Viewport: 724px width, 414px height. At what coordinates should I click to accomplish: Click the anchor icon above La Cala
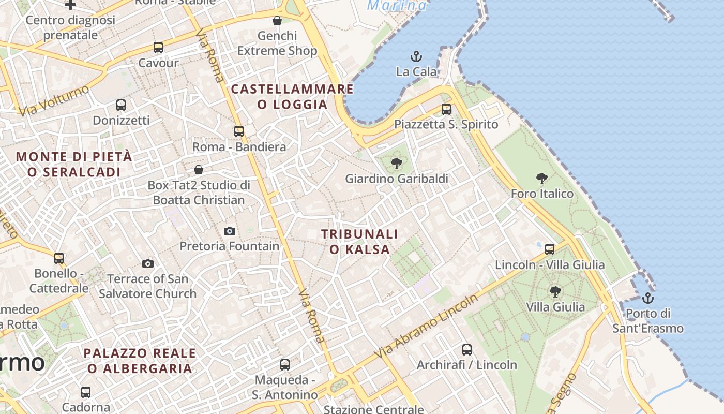416,56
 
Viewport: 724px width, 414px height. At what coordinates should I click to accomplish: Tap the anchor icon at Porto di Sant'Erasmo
647,298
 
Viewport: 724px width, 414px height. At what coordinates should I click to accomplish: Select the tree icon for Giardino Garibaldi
397,164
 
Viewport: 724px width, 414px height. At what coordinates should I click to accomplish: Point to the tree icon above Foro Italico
542,179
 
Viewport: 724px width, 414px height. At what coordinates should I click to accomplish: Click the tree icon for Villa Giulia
555,292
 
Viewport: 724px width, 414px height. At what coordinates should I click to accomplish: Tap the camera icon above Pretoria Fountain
230,231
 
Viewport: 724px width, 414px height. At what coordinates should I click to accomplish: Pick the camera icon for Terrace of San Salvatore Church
148,264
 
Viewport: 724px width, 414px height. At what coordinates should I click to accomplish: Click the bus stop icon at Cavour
158,48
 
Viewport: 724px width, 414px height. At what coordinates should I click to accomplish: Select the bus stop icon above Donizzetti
121,105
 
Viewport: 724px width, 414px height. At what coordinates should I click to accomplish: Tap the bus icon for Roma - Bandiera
239,131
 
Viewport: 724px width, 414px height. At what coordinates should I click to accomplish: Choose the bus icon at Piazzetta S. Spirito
446,109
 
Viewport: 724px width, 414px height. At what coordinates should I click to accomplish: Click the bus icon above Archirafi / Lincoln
467,350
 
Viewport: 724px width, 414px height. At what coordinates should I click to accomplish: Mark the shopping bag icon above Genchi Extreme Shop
277,21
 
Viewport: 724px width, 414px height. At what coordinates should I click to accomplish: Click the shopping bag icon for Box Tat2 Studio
199,170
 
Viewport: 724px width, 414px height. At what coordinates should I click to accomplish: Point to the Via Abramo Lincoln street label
428,327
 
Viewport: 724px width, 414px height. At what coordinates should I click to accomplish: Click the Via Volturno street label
53,100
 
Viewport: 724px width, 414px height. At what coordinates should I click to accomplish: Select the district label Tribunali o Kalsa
360,242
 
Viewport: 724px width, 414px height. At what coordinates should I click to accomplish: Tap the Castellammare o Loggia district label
292,97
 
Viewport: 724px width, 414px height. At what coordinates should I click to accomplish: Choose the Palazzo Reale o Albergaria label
140,361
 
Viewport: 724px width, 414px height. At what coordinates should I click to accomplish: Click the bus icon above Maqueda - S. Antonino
285,365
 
